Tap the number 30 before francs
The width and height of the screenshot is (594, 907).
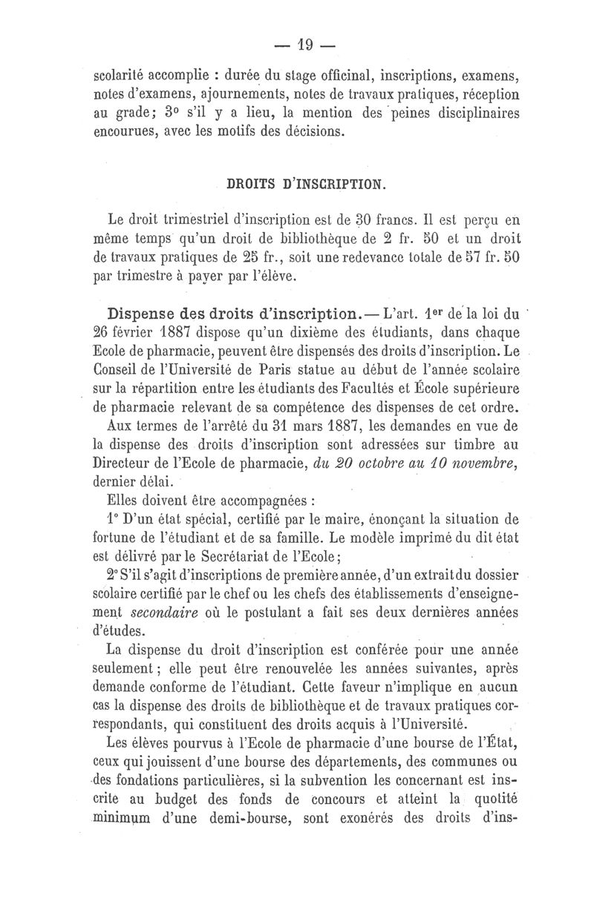363,220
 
